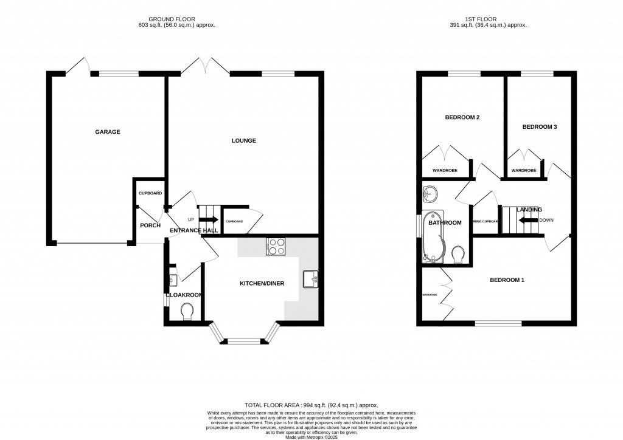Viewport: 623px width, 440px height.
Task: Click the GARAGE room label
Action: tap(107, 132)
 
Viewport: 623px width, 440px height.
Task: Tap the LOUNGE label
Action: tap(243, 141)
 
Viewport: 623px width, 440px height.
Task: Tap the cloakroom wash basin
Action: tap(172, 280)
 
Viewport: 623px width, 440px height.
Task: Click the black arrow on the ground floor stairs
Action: tap(209, 220)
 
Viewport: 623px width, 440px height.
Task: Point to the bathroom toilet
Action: tap(458, 252)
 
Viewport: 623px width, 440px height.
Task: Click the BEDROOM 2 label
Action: tap(463, 117)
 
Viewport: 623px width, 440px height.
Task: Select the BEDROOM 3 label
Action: tap(540, 127)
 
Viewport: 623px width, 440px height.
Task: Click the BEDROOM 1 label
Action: tap(507, 280)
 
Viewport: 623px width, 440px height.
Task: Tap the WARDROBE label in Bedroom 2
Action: tap(444, 171)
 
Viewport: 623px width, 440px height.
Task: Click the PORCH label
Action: tap(150, 225)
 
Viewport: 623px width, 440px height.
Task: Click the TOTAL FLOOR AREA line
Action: tap(311, 405)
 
